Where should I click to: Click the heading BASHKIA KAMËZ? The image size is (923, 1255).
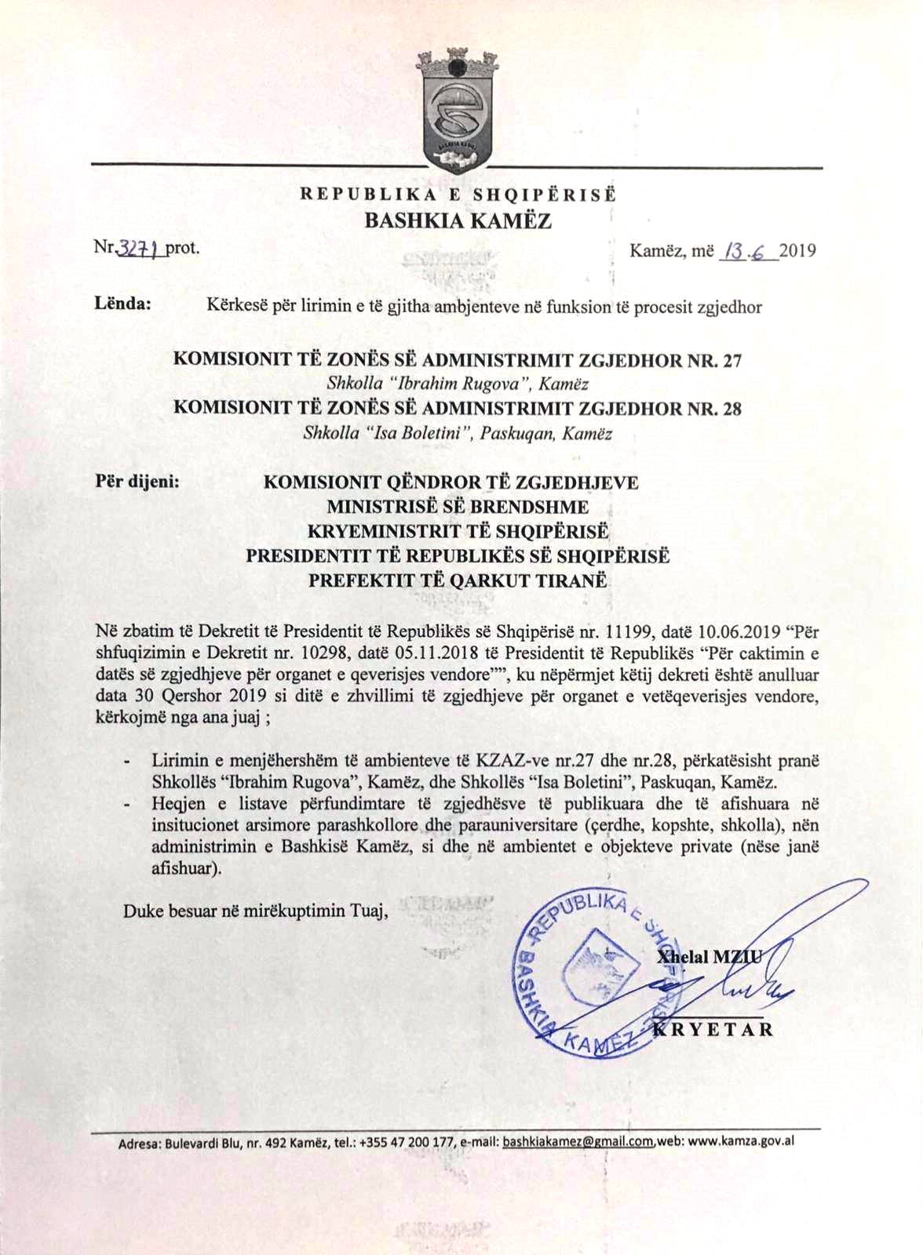[458, 220]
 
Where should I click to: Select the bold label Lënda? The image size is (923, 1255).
[123, 303]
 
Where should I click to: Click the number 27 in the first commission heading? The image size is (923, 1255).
[731, 361]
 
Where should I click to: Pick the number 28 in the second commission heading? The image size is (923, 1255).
[731, 409]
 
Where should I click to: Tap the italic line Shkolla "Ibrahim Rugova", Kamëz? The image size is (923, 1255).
[458, 384]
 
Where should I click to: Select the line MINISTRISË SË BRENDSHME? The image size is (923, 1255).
[458, 507]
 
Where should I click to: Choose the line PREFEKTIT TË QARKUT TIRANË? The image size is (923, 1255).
[458, 581]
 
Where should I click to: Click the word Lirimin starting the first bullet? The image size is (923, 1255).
[178, 761]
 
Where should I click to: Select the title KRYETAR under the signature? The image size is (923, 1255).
[713, 1029]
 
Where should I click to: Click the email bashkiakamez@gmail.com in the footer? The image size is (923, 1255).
[578, 1141]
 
